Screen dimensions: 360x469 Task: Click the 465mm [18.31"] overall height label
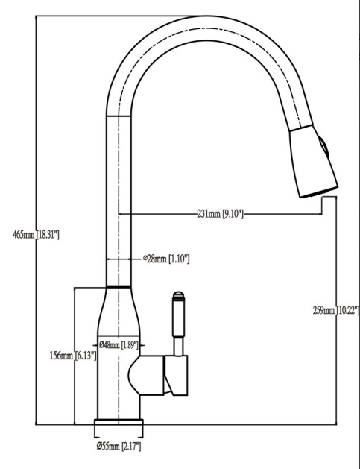tap(36, 235)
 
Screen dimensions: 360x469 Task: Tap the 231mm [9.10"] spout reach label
tap(220, 214)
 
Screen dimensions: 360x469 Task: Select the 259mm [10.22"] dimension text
tap(336, 310)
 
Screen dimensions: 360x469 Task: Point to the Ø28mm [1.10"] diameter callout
tap(166, 259)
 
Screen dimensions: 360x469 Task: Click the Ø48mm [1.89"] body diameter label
tap(119, 345)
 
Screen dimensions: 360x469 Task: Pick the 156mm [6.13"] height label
tap(73, 356)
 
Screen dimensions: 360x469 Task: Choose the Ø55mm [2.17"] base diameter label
tap(119, 447)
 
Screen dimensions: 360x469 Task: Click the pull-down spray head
tap(313, 162)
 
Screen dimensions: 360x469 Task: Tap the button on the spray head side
tap(323, 147)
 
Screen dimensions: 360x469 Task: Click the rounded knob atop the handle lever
tap(178, 295)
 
